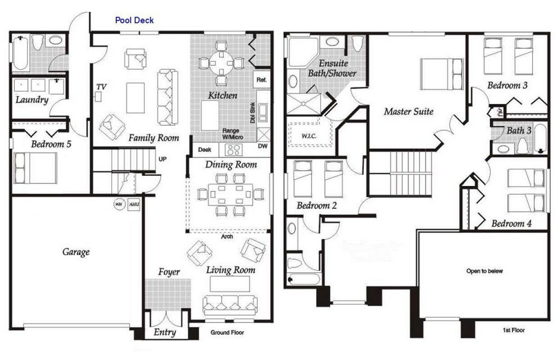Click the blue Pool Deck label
pos(134,20)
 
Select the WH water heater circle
pos(119,204)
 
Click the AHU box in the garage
pos(134,204)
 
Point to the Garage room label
pos(76,252)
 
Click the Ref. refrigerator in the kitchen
pos(262,80)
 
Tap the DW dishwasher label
pos(263,146)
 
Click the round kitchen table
pos(221,62)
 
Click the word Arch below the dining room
pos(228,237)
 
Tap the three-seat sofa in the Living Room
pos(229,305)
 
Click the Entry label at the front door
pos(165,333)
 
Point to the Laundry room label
pos(31,99)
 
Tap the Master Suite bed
pos(442,74)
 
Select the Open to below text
pos(484,271)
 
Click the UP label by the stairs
pos(162,159)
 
